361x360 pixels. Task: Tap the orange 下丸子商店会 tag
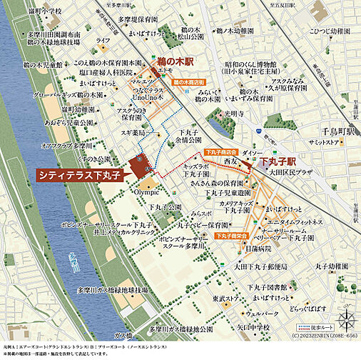coord(220,152)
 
